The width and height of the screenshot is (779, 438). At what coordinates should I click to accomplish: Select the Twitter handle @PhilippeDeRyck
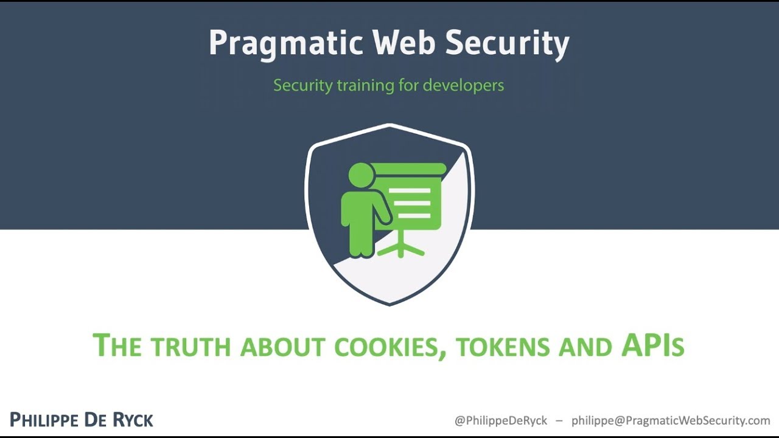click(x=501, y=420)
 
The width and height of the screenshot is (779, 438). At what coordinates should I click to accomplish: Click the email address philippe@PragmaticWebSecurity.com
click(x=671, y=420)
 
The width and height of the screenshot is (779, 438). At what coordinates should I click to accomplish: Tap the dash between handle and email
click(x=559, y=420)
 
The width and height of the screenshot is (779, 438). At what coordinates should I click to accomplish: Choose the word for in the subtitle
click(x=408, y=85)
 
